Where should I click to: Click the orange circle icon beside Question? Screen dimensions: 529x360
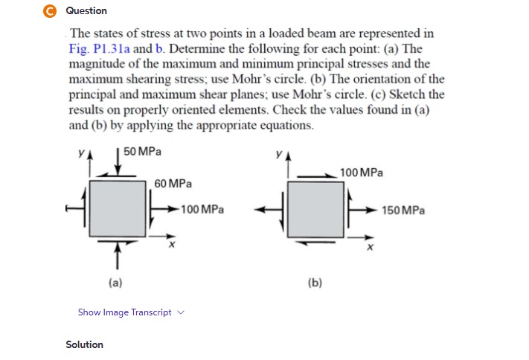tap(51, 10)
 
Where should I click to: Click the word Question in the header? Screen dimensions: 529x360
tap(86, 10)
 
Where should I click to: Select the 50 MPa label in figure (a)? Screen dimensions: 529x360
tap(143, 152)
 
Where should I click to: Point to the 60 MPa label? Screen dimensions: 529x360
tap(173, 183)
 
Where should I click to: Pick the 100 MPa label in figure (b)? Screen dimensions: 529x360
tap(361, 173)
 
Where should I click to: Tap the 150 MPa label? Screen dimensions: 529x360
tap(403, 210)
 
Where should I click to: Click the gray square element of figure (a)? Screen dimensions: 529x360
tap(118, 210)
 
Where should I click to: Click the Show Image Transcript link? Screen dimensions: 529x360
tap(124, 312)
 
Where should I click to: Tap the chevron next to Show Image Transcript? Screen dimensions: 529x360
tap(181, 312)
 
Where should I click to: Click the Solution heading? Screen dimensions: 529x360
tap(85, 344)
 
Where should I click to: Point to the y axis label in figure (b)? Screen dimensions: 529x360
tap(276, 158)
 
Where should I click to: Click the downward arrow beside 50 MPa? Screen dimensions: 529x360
tap(118, 159)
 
